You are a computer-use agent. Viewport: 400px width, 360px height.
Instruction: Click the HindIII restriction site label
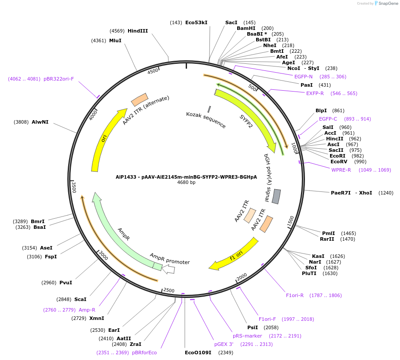[138, 31]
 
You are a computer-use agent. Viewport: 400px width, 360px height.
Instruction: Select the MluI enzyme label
[115, 40]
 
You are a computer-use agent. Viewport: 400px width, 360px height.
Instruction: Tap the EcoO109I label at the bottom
[198, 353]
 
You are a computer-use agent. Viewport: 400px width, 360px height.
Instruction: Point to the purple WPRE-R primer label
[341, 170]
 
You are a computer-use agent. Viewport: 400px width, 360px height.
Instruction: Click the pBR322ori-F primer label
[59, 79]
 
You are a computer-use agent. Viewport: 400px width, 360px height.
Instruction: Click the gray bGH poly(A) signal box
[276, 196]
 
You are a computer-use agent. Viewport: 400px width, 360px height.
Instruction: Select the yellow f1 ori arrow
[233, 255]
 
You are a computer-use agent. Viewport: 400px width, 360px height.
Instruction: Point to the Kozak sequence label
[206, 120]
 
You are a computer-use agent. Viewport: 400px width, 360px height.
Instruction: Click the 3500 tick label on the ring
[74, 187]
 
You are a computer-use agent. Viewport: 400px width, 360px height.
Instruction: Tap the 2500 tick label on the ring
[169, 290]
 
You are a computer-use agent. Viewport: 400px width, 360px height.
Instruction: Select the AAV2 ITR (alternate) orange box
[139, 99]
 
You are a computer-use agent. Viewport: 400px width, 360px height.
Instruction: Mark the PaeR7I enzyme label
[340, 193]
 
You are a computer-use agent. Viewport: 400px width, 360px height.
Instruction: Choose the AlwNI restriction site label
[40, 122]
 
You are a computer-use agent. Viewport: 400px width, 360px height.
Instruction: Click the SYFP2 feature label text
[246, 121]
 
